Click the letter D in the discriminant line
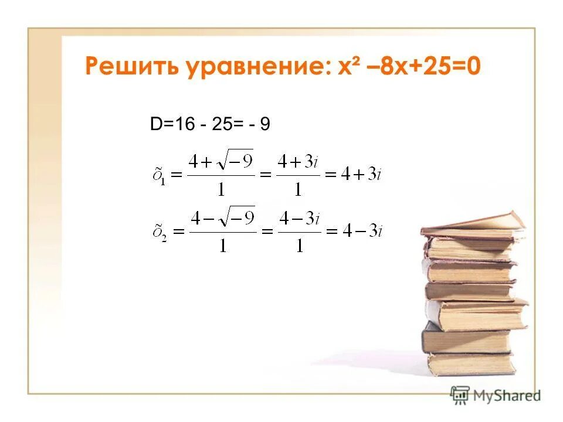(156, 124)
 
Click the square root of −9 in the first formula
(233, 161)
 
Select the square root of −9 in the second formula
(233, 217)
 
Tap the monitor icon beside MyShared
(460, 394)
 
